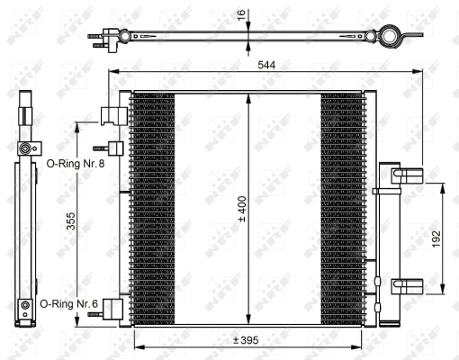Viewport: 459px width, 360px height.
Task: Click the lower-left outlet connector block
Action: tap(113, 308)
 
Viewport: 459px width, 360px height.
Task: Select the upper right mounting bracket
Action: tap(407, 176)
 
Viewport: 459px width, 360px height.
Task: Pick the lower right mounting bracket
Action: tap(407, 286)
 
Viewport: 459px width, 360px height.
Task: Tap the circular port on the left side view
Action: tap(24, 147)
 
